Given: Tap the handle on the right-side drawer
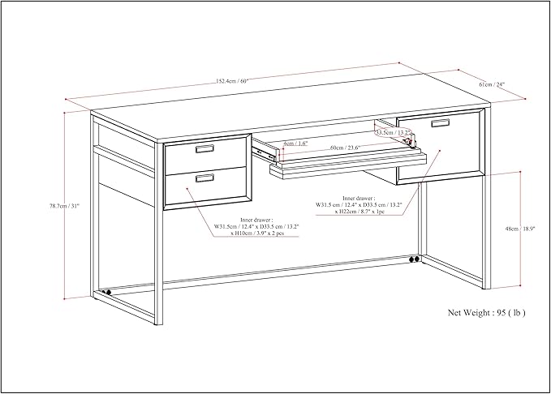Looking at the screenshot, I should (x=440, y=123).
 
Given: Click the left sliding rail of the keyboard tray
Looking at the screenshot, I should (x=264, y=149).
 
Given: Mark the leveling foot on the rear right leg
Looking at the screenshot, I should (x=415, y=260).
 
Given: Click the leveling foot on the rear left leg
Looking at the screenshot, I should (x=106, y=291).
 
